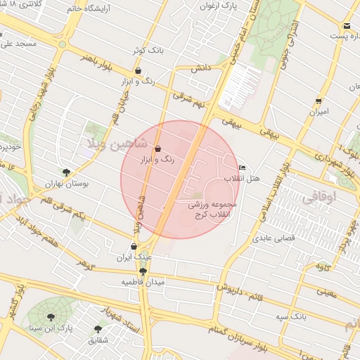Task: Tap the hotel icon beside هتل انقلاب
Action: coord(243,168)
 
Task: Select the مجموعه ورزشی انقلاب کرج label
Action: coord(214,209)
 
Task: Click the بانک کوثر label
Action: coord(148,51)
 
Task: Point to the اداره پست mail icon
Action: coord(347,26)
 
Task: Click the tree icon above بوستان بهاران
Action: coord(66,172)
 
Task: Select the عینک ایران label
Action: coord(134,258)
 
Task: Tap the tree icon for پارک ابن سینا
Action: coord(50,316)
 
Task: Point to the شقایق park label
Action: coord(97,340)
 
